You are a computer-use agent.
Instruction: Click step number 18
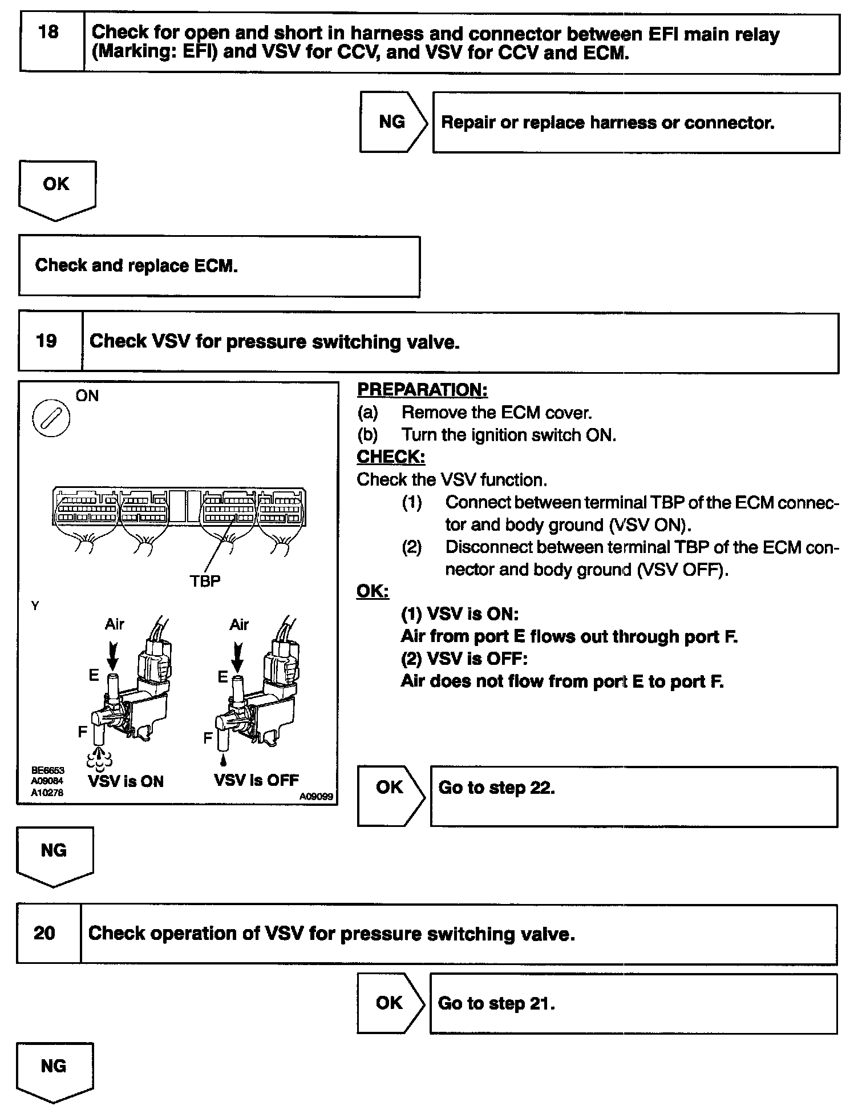48,33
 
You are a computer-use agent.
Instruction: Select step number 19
46,341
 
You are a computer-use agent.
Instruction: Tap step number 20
44,933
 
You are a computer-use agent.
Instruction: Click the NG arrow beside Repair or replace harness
392,122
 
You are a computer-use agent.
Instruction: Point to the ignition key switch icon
51,419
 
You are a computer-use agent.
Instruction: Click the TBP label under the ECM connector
205,581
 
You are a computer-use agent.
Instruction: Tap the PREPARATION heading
422,390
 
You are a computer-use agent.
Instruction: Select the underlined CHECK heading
391,457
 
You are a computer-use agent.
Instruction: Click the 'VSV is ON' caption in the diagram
126,781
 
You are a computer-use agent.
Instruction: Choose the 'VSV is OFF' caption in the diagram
256,780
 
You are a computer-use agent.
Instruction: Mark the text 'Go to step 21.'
496,1003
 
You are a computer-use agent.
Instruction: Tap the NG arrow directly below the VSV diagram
54,853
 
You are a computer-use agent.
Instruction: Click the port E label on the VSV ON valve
94,676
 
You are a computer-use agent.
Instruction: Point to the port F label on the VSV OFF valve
208,738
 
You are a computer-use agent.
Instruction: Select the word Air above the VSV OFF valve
239,625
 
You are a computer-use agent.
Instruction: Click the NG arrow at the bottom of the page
54,1068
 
